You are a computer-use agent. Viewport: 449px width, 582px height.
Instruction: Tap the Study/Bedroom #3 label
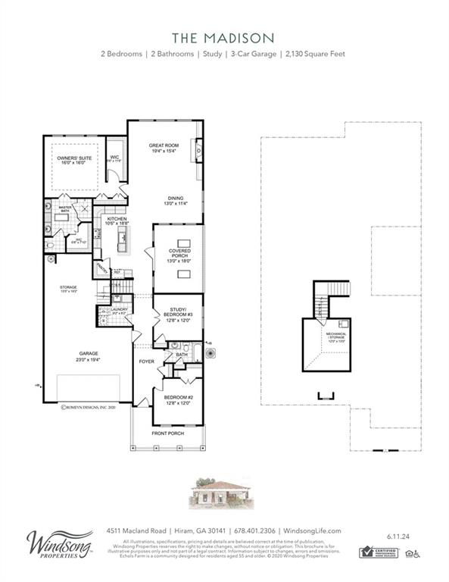pyautogui.click(x=179, y=311)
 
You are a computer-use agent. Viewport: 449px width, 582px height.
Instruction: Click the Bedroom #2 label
pyautogui.click(x=178, y=399)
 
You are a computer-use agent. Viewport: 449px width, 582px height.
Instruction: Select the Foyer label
pyautogui.click(x=146, y=361)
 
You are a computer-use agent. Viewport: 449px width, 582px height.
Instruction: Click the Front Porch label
pyautogui.click(x=167, y=433)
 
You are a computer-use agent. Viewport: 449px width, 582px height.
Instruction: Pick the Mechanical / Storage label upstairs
pyautogui.click(x=335, y=335)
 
